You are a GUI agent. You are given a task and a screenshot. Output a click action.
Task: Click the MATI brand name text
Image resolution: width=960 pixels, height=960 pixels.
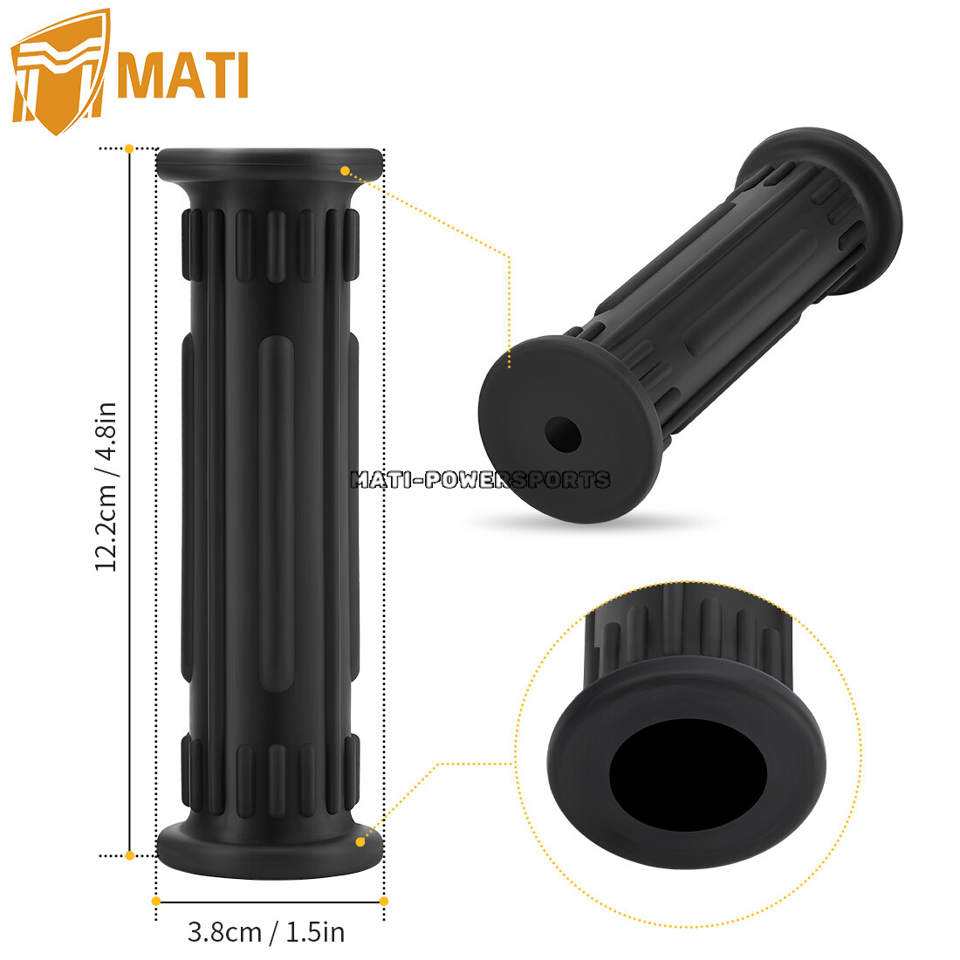[x=183, y=76]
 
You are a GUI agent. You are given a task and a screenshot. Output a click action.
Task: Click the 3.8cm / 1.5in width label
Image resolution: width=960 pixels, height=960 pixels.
[x=266, y=932]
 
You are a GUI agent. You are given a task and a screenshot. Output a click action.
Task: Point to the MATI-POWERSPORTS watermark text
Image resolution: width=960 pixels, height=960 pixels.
[x=480, y=479]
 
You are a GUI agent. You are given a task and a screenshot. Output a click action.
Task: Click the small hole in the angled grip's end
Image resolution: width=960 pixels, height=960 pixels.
[x=563, y=433]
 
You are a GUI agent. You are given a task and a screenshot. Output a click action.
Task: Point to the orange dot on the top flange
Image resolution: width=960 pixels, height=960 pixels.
[x=345, y=171]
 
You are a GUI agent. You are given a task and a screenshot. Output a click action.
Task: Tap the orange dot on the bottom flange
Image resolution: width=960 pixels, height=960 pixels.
[x=360, y=841]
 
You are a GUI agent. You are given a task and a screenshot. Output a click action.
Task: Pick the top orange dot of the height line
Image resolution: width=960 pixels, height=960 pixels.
[x=129, y=149]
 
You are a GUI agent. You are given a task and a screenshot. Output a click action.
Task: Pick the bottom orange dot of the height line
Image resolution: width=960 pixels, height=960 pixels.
[x=129, y=855]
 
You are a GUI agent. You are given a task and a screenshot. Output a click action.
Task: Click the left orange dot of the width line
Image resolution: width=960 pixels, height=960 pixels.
[x=156, y=901]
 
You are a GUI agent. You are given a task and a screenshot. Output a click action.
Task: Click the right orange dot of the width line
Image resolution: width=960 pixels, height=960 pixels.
[x=384, y=901]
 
